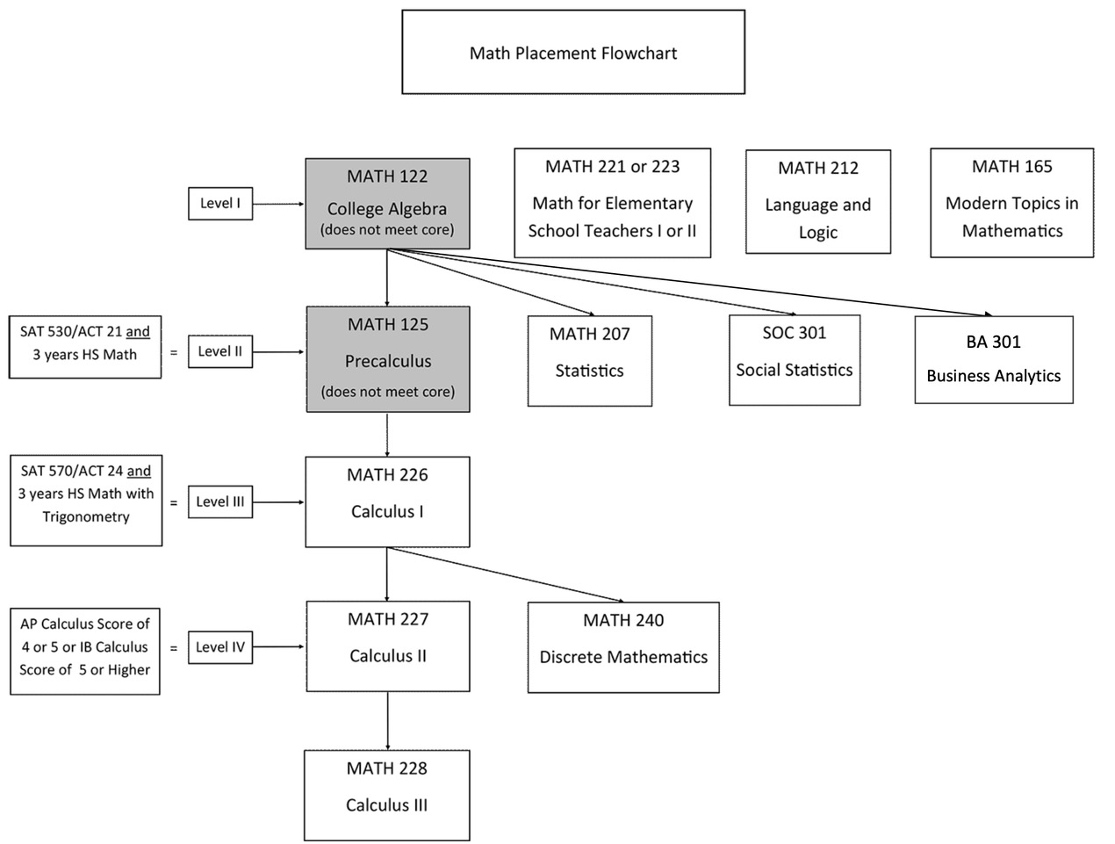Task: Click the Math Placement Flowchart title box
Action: coord(573,53)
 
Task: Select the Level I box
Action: coord(220,203)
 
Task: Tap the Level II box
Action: coord(220,351)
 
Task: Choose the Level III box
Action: coord(220,501)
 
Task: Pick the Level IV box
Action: coord(220,647)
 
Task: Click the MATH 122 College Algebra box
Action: coord(387,204)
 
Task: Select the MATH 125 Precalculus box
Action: coord(388,359)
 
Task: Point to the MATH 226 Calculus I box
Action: coord(387,501)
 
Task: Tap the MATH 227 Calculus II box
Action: coord(388,646)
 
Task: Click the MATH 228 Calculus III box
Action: coord(387,795)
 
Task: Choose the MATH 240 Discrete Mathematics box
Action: coord(623,647)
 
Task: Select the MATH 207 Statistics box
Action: coord(590,361)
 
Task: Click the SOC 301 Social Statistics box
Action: coord(795,360)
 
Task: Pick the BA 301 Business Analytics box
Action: coord(994,359)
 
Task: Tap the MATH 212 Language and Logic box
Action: coord(818,202)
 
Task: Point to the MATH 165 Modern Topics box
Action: coord(1012,203)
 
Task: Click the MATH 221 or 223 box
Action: coord(613,203)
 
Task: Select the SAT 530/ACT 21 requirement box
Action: coord(85,347)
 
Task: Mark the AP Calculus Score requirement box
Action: coord(85,651)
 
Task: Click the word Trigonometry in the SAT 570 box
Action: coord(86,517)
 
